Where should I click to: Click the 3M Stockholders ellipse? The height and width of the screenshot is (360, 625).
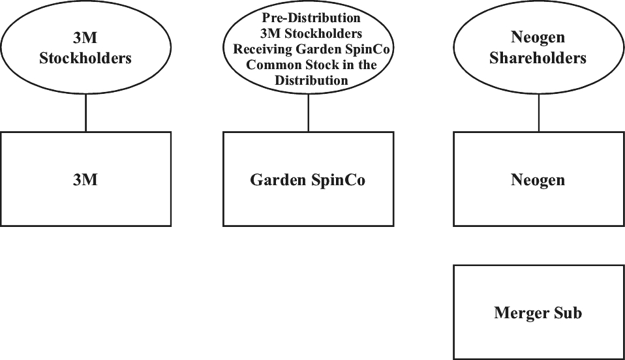tap(85, 50)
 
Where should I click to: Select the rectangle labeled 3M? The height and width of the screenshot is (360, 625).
tap(85, 179)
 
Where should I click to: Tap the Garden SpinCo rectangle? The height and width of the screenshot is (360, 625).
tap(308, 179)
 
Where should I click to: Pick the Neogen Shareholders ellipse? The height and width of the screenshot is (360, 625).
tap(538, 50)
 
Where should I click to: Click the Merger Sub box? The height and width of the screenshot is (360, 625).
tap(538, 312)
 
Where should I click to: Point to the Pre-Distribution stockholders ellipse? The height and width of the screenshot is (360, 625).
tap(308, 50)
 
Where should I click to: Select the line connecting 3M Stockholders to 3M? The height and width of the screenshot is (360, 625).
tap(85, 115)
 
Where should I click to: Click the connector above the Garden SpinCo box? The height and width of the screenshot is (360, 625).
tap(308, 115)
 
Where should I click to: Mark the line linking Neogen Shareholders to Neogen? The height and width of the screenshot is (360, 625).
tap(538, 115)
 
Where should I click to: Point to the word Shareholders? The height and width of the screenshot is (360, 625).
tap(538, 58)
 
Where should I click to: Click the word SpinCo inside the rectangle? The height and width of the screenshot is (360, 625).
tap(337, 180)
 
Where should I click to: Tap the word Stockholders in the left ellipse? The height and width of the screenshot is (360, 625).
tap(85, 58)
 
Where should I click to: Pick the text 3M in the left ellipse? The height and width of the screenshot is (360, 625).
tap(85, 39)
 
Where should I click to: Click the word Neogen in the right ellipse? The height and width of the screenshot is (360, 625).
tap(538, 39)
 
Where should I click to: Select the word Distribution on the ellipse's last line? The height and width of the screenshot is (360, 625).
tap(311, 81)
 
